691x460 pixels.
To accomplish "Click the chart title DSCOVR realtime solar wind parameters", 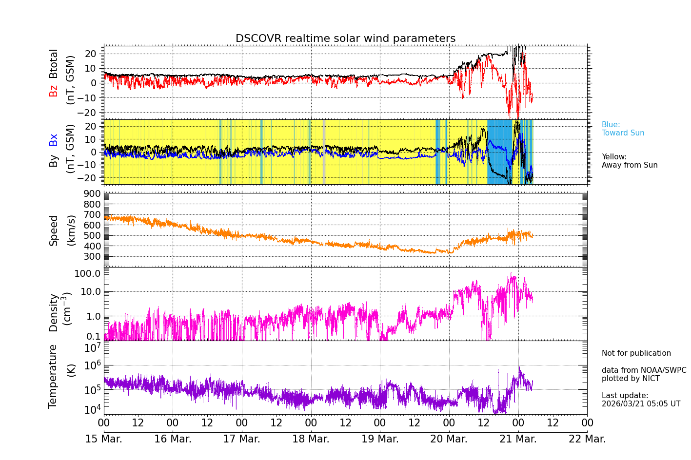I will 345,38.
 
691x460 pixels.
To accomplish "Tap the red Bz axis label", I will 54,91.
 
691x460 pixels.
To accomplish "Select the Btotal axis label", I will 54,63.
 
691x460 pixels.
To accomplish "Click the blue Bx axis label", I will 54,140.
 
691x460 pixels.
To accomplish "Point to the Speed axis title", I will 54,230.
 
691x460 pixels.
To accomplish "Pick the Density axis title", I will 54,312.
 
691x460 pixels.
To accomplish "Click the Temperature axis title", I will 53,376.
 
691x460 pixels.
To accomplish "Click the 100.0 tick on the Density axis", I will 87,273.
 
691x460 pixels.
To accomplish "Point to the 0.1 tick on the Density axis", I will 94,336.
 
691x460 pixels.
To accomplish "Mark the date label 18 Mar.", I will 311,439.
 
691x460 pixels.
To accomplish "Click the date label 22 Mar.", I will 587,439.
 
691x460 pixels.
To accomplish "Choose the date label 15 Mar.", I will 104,439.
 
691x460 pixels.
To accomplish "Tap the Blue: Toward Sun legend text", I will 623,129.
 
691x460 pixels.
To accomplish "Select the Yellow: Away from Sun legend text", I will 629,161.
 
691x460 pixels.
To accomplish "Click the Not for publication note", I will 636,353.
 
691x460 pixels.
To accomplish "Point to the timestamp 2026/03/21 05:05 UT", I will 641,404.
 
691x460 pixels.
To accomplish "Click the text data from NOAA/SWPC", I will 644,370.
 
